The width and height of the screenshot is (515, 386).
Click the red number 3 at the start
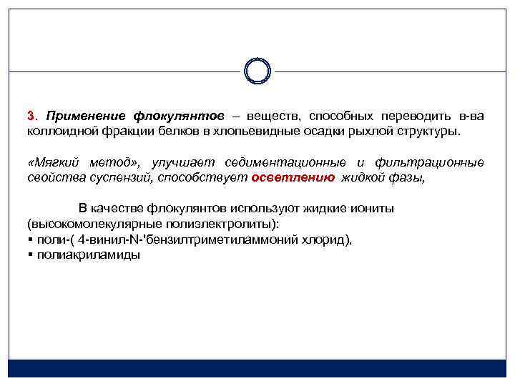tap(31, 116)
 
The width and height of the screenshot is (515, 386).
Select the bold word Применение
tap(85, 116)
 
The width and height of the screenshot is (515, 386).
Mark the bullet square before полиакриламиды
tap(30, 255)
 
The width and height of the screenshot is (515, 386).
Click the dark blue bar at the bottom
tap(257, 368)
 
